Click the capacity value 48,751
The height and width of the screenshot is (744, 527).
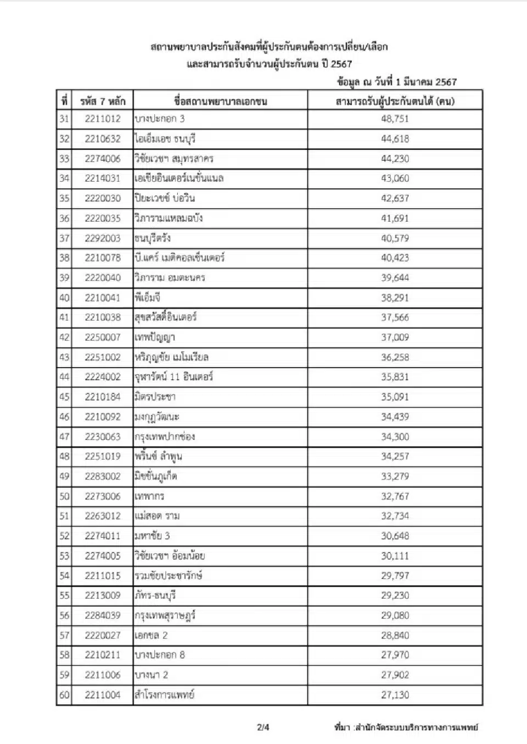(395, 119)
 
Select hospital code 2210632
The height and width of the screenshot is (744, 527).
(103, 139)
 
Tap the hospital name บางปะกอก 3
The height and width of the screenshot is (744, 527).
(160, 119)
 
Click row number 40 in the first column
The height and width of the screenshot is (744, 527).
(64, 298)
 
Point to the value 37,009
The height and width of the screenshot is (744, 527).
(395, 337)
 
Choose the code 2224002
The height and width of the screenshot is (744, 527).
(103, 377)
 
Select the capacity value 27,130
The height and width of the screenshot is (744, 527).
(395, 695)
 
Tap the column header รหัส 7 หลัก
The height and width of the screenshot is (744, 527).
(103, 101)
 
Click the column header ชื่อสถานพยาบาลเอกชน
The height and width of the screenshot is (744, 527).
(220, 101)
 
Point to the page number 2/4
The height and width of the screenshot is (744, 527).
(263, 728)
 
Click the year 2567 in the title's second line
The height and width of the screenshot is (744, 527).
(341, 64)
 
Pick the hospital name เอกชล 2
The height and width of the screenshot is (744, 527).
(152, 635)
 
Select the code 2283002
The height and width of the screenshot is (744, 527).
(103, 476)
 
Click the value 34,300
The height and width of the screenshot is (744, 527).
(395, 437)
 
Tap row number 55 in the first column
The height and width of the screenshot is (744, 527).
(64, 595)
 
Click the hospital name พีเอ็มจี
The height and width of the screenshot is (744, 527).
(148, 298)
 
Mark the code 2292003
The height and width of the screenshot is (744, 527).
(103, 238)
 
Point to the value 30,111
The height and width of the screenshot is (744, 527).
(395, 556)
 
